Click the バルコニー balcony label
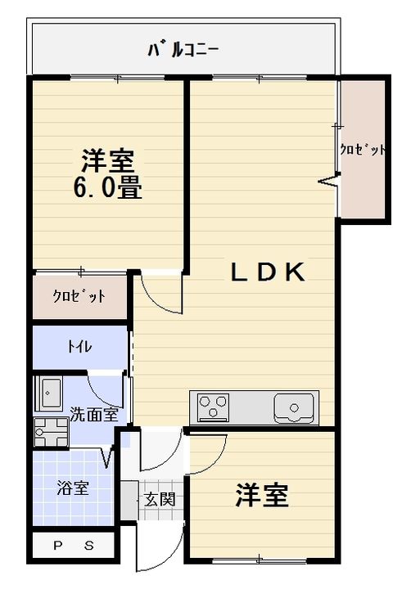183,51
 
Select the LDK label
268,272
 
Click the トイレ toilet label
79,346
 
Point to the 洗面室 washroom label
94,415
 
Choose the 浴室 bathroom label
73,488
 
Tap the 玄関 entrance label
160,500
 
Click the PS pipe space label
74,546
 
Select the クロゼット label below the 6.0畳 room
79,297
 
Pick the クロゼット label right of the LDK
363,150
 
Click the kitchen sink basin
294,407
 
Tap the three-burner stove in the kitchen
214,406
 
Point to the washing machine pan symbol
51,432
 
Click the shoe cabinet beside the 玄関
129,500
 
